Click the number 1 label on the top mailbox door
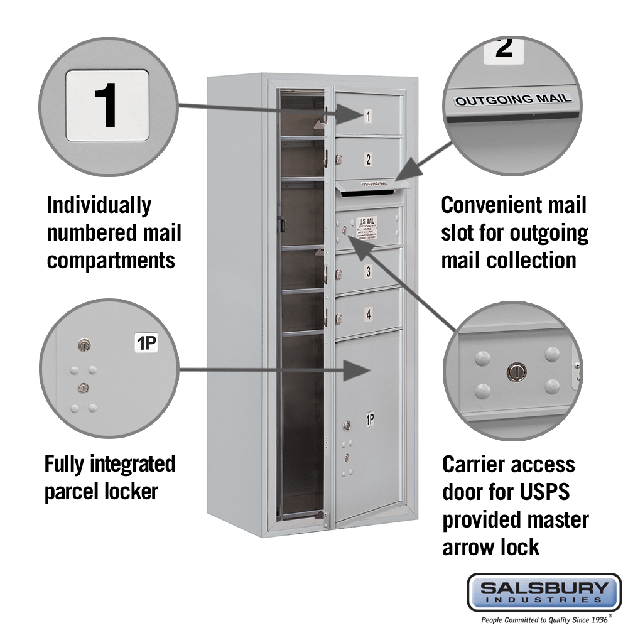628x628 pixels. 368,116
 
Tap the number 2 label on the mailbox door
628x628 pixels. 369,160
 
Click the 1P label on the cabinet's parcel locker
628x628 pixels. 370,420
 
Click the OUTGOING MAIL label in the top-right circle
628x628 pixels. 513,99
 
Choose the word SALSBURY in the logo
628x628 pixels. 544,588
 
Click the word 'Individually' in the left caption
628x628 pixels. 99,205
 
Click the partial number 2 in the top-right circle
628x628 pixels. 504,48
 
